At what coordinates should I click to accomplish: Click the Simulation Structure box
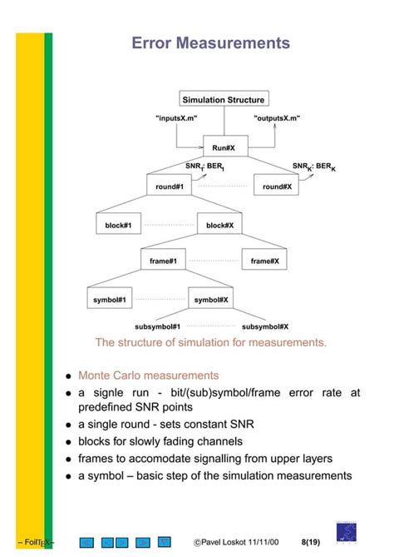click(x=224, y=98)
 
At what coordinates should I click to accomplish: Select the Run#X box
click(x=225, y=146)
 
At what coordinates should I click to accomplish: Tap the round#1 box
click(x=170, y=185)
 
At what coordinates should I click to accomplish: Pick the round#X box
click(x=276, y=185)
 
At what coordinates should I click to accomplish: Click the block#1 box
click(x=118, y=223)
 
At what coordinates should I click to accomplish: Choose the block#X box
click(x=219, y=223)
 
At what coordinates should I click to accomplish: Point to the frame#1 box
click(x=163, y=259)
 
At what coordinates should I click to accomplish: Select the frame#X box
click(x=264, y=259)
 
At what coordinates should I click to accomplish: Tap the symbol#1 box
click(x=110, y=298)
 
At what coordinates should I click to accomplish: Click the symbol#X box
click(x=210, y=298)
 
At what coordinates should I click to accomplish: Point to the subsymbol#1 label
click(x=157, y=327)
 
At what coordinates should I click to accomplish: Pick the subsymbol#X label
click(x=265, y=327)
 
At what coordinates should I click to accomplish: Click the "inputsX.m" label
click(x=176, y=118)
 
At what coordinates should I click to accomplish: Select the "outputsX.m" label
click(x=277, y=118)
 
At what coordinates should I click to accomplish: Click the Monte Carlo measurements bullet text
click(x=149, y=375)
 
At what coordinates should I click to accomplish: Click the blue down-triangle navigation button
click(x=165, y=542)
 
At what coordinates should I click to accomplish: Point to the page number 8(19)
click(x=311, y=542)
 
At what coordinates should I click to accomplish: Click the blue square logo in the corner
click(x=347, y=532)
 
